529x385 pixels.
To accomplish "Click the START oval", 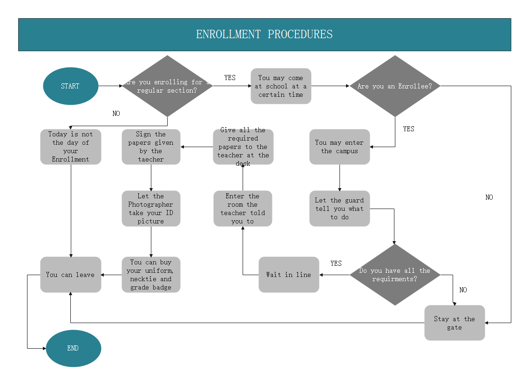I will [70, 86].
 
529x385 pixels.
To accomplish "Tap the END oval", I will [73, 348].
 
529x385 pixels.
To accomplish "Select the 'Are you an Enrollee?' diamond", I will [395, 86].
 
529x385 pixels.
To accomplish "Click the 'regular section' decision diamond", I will [167, 86].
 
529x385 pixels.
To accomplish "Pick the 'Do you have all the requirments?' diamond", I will [395, 275].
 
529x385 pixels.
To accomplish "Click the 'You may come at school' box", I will [281, 86].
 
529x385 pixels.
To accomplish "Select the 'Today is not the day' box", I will [71, 147].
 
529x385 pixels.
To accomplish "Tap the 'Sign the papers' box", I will [151, 147].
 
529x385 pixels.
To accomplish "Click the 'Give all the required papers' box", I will [243, 147].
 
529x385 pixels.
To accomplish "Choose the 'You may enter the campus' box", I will [339, 147].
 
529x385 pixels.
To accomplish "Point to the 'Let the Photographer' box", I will [151, 209].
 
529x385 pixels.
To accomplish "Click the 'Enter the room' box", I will [243, 209].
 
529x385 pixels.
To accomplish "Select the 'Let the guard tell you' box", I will [339, 209].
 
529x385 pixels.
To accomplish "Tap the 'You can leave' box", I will [71, 275].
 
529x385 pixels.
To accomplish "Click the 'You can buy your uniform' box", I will [151, 275].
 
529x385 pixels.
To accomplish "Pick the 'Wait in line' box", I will [289, 275].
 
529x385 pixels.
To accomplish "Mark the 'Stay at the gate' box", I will [454, 323].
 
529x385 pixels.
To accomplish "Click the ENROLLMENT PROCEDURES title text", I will [264, 34].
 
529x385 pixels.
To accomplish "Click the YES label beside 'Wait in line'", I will [336, 263].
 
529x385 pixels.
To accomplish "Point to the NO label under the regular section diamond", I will [116, 114].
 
